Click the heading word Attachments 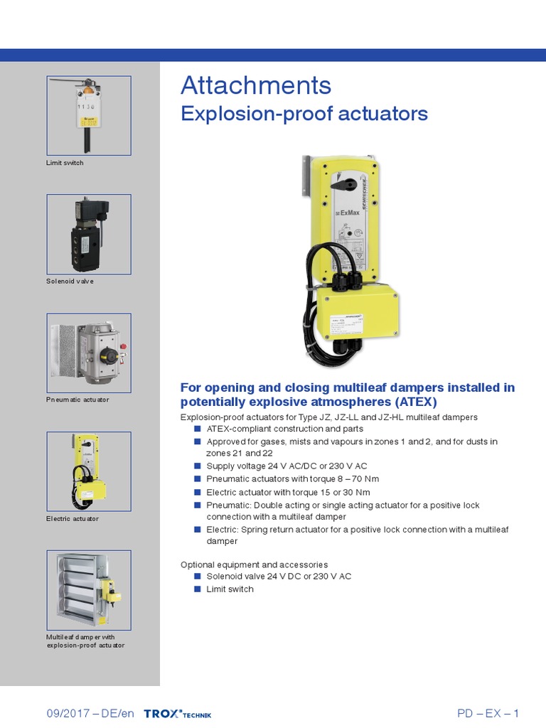pos(256,86)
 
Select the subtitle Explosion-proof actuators pos(304,114)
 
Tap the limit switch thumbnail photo pos(89,115)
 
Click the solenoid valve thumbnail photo pos(89,234)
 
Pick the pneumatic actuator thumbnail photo pos(89,353)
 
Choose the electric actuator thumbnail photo pos(89,471)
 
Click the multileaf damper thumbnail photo pos(89,590)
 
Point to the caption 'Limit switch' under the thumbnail pos(65,163)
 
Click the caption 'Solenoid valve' pos(70,282)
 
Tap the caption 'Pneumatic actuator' pos(77,400)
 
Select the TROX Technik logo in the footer pos(177,714)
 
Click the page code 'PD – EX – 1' pos(488,714)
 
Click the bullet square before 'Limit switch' pos(198,589)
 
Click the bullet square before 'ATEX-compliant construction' pos(198,429)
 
